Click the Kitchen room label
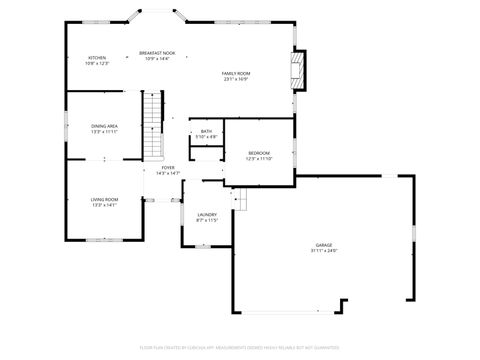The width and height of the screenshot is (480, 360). pyautogui.click(x=97, y=58)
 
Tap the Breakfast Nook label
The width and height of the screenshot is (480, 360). pyautogui.click(x=158, y=54)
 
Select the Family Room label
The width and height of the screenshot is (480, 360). pyautogui.click(x=236, y=74)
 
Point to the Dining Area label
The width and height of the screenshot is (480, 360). pyautogui.click(x=105, y=126)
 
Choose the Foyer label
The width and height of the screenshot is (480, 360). pyautogui.click(x=168, y=168)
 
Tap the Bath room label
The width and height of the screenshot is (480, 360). pyautogui.click(x=206, y=131)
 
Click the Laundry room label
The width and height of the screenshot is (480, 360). pyautogui.click(x=207, y=214)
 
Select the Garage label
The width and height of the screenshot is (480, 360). pyautogui.click(x=323, y=245)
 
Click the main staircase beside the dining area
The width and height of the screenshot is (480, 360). pyautogui.click(x=152, y=125)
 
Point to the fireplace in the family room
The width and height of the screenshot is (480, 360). pyautogui.click(x=296, y=71)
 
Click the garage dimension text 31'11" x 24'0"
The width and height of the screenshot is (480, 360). pyautogui.click(x=323, y=251)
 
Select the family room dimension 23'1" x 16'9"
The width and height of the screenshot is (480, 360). pyautogui.click(x=236, y=80)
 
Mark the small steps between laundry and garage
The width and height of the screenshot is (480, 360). pyautogui.click(x=239, y=201)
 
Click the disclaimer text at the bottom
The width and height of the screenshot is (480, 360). pyautogui.click(x=240, y=347)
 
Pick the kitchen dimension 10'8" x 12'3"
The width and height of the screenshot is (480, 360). pyautogui.click(x=97, y=64)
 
